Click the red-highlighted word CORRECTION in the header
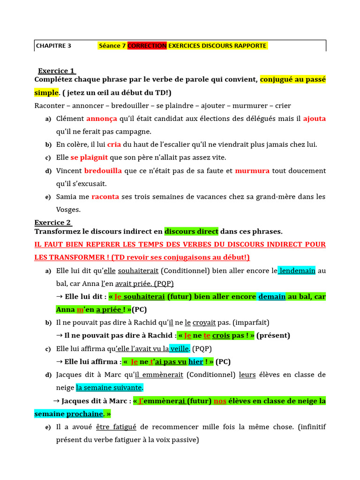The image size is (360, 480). coord(147,46)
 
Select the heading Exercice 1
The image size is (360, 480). coord(56,71)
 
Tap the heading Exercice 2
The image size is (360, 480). coord(52,222)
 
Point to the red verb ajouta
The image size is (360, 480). coord(314,119)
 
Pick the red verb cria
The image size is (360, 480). coord(114,144)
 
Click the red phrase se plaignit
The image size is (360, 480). coord(89,157)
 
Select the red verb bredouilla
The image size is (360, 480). coord(103,171)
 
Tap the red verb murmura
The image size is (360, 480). coord(252,171)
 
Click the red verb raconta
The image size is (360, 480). coord(105,197)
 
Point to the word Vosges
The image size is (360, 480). coord(68,210)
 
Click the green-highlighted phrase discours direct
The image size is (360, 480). coord(191,232)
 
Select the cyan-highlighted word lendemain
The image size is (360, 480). coord(297,270)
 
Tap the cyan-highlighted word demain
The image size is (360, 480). coord(272,297)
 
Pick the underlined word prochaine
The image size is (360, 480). coord(84,414)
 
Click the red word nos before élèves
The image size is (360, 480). coord(220,401)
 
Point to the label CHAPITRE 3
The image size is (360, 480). coord(54,46)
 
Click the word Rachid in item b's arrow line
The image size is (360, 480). coord(159,336)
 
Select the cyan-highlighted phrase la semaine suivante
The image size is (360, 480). coord(109,388)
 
